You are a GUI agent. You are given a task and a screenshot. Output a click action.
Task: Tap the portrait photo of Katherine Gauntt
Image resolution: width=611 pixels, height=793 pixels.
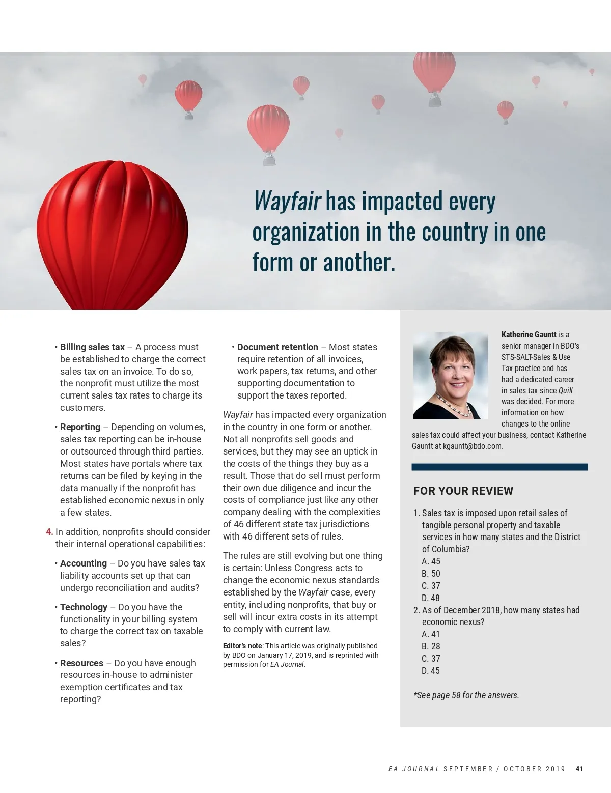[x=451, y=376]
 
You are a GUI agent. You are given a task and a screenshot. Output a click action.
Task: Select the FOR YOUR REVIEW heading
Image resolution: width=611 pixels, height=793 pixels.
[x=463, y=491]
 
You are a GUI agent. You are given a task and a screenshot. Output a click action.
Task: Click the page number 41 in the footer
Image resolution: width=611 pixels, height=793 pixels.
[x=579, y=769]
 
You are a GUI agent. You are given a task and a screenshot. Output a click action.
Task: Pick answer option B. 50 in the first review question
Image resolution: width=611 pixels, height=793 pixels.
[x=431, y=574]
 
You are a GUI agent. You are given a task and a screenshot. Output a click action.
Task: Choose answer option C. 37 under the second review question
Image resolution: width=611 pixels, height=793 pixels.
[x=431, y=659]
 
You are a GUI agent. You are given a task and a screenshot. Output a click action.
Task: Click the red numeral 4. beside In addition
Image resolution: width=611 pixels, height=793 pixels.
[x=49, y=532]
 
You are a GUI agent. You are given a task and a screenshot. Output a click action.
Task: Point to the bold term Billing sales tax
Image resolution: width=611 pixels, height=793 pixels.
[x=92, y=347]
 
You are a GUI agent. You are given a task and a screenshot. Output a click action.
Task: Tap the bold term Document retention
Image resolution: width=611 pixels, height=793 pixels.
[x=277, y=347]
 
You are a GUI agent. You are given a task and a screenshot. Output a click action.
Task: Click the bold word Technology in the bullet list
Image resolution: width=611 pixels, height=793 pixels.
[x=84, y=607]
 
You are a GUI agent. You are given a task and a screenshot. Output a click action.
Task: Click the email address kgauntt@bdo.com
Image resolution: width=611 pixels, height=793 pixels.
[x=472, y=446]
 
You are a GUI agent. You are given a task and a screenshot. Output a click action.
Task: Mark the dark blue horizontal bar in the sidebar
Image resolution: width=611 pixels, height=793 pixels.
[x=499, y=467]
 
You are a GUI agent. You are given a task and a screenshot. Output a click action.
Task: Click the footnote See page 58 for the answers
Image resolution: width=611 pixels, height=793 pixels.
[x=466, y=695]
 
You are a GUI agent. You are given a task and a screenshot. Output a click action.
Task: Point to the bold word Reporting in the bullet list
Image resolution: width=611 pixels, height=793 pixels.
[x=80, y=427]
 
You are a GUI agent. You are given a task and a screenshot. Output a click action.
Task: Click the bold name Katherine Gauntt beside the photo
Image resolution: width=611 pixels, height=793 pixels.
[x=529, y=335]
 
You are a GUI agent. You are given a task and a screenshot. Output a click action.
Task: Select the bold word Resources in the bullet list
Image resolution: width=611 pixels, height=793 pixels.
[x=81, y=663]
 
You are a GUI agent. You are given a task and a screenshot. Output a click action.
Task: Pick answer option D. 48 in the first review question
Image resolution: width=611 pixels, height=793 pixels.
[x=431, y=598]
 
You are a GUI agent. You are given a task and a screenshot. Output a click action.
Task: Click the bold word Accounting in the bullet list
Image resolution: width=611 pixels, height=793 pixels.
[x=84, y=563]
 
